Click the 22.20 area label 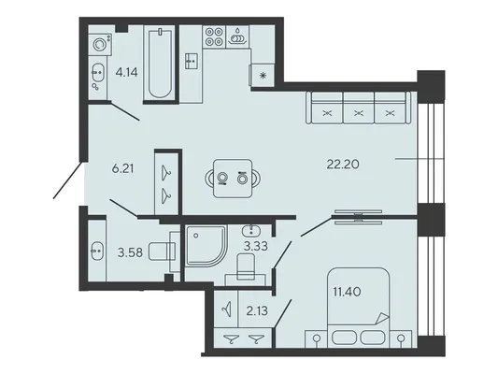(343, 165)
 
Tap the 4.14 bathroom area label (127, 73)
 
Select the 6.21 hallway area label (123, 168)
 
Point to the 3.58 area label (130, 253)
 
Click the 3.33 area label (256, 246)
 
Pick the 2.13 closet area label (257, 310)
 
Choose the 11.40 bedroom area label (347, 292)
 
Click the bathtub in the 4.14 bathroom (161, 64)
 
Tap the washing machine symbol (100, 44)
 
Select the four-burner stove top (214, 36)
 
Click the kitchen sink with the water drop (237, 36)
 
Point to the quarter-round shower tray (206, 246)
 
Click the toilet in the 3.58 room (163, 252)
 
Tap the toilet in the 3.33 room (246, 267)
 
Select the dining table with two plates (233, 179)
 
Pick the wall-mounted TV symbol (358, 217)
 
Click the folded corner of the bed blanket (382, 319)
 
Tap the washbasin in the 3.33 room (252, 231)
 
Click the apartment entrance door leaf (69, 180)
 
